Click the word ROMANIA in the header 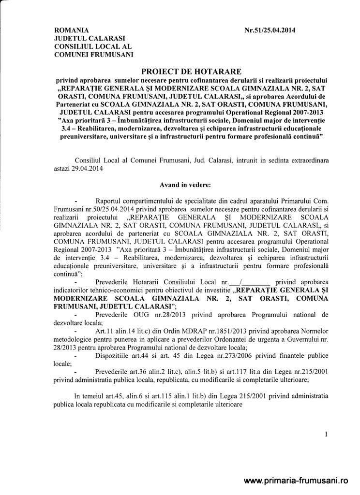tap(72, 30)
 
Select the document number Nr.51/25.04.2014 tap(270, 30)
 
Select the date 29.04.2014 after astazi tap(86, 169)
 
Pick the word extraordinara tap(305, 161)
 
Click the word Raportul tap(110, 200)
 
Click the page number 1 tap(326, 435)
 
